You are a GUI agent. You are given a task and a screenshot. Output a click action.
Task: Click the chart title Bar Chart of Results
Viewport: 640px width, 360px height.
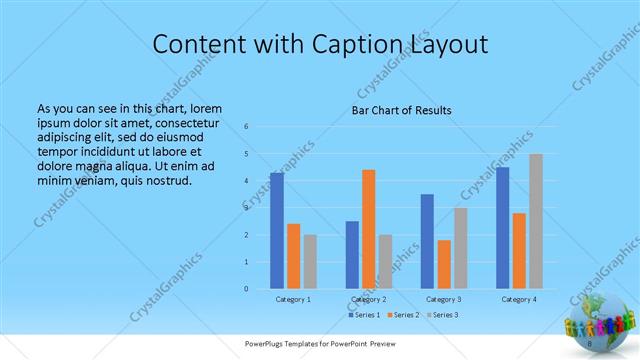click(x=401, y=110)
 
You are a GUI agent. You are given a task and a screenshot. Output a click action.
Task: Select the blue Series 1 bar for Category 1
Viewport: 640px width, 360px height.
click(x=277, y=230)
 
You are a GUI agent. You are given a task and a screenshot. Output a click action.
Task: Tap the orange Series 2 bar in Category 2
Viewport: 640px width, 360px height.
click(x=368, y=229)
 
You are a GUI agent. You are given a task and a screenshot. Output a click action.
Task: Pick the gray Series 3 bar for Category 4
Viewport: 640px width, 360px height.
click(x=536, y=221)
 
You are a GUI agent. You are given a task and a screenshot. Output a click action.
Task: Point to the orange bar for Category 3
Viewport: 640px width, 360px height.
click(x=443, y=264)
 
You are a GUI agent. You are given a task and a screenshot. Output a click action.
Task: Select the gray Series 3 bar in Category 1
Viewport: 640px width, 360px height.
click(x=310, y=261)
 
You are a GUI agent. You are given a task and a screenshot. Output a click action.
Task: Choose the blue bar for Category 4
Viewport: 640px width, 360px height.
click(x=502, y=227)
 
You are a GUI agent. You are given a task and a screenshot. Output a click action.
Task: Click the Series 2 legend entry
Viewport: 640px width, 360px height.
click(x=401, y=315)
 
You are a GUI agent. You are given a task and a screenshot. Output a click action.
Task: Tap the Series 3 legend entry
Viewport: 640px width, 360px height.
click(x=442, y=315)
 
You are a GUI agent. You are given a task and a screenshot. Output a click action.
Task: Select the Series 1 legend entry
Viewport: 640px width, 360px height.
click(x=361, y=315)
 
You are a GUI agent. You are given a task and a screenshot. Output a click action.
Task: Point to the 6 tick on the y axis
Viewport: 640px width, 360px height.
click(x=246, y=127)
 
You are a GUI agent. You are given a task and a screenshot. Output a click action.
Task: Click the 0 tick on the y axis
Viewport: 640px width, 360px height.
click(x=246, y=289)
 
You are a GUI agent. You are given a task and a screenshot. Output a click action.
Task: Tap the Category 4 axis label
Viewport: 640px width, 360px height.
click(x=519, y=299)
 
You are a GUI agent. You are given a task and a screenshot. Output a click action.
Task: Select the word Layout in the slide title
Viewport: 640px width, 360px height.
click(x=445, y=44)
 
